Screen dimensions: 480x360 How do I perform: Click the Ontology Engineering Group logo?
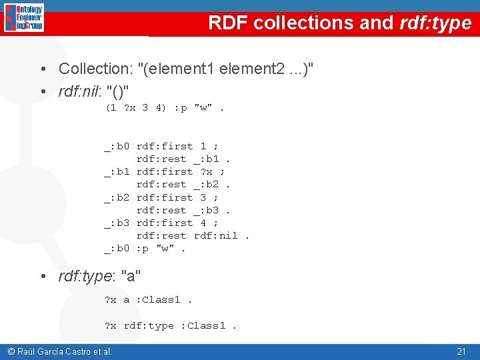pos(24,18)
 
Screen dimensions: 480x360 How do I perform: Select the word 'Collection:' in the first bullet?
pos(95,69)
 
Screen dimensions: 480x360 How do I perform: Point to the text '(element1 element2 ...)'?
pos(225,69)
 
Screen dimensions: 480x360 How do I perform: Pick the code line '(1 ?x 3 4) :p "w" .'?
pos(164,108)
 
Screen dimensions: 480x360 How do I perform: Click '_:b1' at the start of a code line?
pos(117,172)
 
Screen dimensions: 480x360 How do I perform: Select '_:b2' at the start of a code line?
pos(117,197)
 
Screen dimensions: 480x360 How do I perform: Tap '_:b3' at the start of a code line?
pos(117,223)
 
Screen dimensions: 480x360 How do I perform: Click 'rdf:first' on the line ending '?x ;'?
pos(165,172)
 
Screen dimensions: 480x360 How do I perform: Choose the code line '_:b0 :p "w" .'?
pos(145,249)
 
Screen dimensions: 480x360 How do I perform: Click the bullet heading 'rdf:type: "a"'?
pos(99,275)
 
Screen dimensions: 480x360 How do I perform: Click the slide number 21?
pos(461,351)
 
